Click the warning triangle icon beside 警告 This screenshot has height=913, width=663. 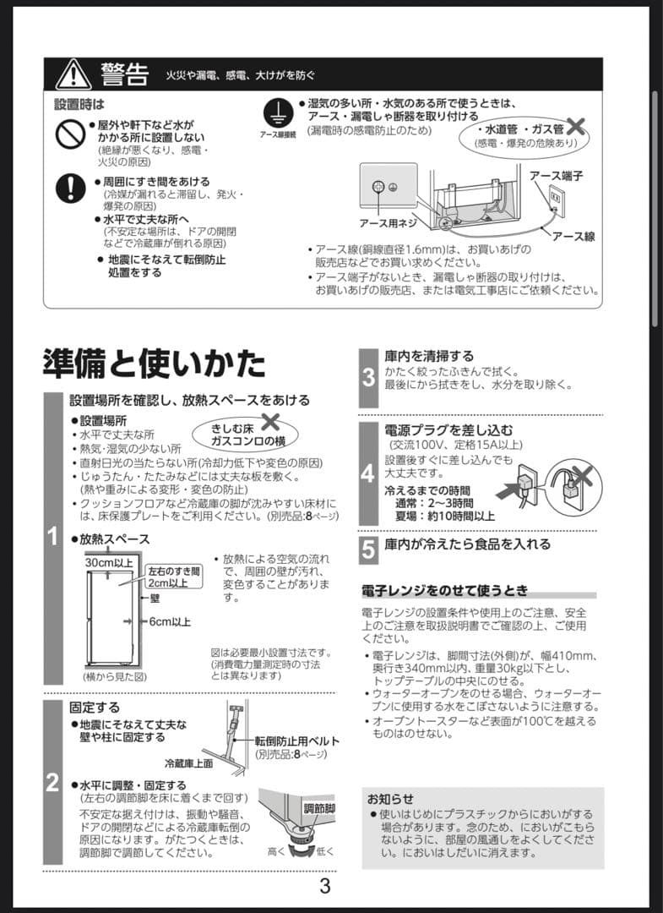pyautogui.click(x=73, y=74)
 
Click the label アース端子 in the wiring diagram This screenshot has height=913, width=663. pyautogui.click(x=556, y=175)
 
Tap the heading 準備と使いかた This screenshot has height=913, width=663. pyautogui.click(x=154, y=363)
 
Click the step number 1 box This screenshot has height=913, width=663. pyautogui.click(x=52, y=535)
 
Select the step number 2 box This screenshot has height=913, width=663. pyautogui.click(x=52, y=783)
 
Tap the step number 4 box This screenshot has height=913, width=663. pyautogui.click(x=368, y=473)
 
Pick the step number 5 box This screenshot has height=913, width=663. pyautogui.click(x=368, y=549)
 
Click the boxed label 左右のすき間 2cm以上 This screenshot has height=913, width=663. pyautogui.click(x=174, y=577)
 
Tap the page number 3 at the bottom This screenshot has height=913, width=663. pyautogui.click(x=324, y=888)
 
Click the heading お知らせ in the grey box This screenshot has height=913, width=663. pyautogui.click(x=390, y=799)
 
